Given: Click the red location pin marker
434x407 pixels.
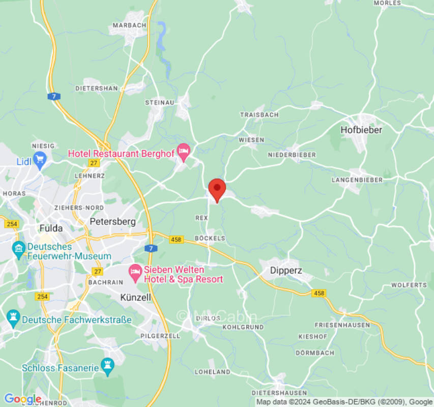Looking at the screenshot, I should [217, 189].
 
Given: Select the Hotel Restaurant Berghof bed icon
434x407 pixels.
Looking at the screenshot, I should [184, 152].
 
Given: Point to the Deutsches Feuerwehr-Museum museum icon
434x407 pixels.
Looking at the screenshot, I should [19, 249].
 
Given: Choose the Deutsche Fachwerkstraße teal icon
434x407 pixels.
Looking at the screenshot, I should [13, 319].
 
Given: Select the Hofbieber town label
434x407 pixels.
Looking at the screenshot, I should [361, 130].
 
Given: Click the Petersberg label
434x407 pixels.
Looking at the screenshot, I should [112, 221].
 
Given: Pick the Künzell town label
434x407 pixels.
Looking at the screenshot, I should [136, 297].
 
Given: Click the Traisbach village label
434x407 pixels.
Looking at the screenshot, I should [259, 115].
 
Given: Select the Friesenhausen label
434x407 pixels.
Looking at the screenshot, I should [342, 325].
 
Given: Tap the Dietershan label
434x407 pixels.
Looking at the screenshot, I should [96, 88].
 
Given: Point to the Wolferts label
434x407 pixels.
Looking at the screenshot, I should [409, 285].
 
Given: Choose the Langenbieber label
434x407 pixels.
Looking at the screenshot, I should [357, 180].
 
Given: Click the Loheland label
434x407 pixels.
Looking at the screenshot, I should [212, 372].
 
